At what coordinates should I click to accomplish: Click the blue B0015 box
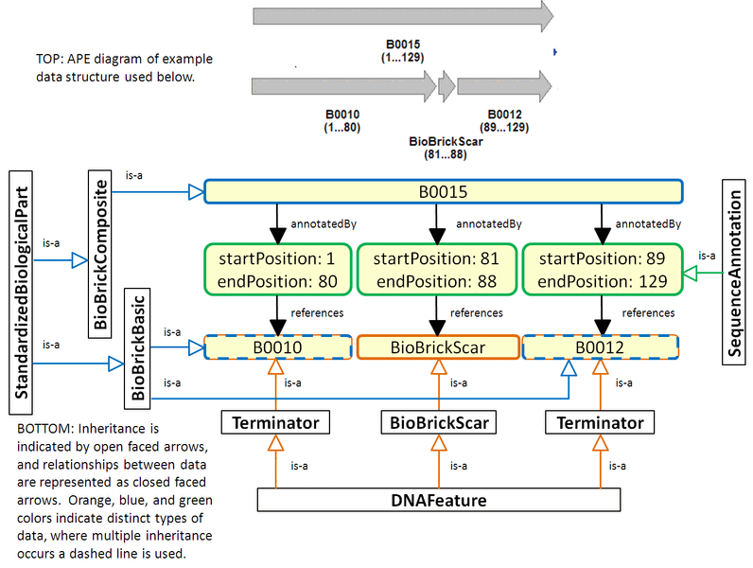coord(444,192)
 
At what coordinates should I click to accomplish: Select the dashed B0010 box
coord(278,347)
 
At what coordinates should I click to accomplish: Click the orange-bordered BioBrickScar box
coord(438,347)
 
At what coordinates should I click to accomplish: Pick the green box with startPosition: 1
coord(277,270)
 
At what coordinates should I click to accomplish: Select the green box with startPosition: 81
coord(436,270)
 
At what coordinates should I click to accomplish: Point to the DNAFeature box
coord(439,498)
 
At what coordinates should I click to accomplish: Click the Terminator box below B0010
coord(276,422)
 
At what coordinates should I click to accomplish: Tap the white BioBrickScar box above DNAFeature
coord(439,422)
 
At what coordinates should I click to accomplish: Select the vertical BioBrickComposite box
coord(102,252)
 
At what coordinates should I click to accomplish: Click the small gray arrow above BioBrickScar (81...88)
coord(446,87)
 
